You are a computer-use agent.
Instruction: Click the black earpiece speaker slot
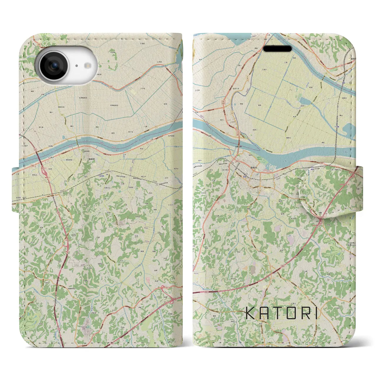pyautogui.click(x=277, y=49)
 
